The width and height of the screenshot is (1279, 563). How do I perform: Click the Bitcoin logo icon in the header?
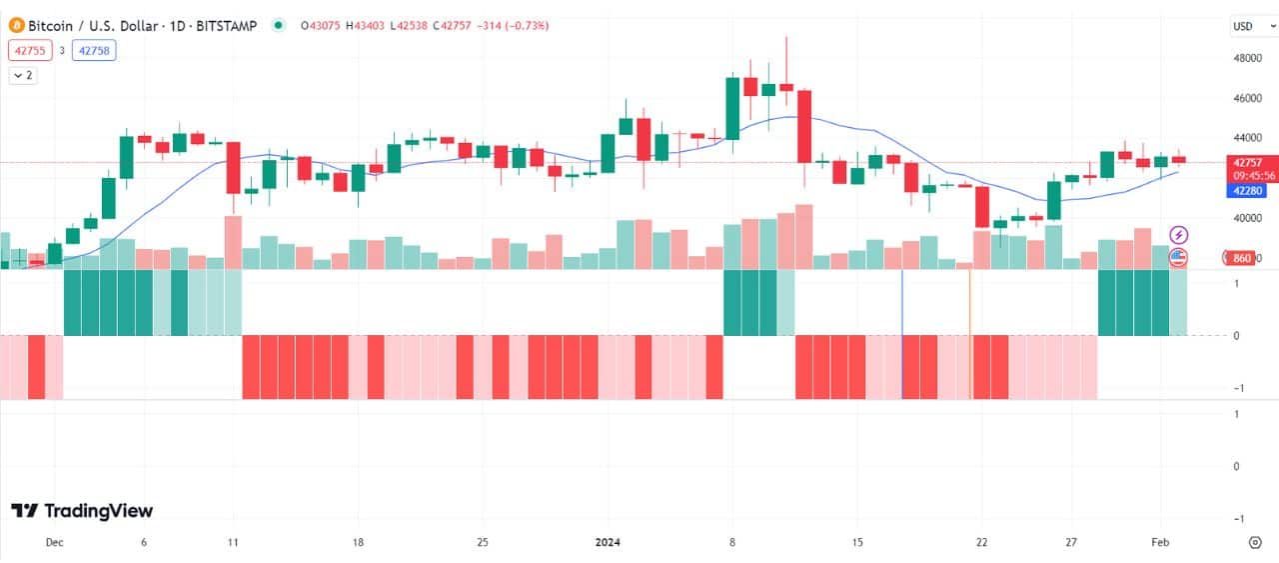point(16,25)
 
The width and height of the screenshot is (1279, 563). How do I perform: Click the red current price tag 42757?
point(1247,162)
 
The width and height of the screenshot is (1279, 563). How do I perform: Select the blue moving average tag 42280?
point(1247,190)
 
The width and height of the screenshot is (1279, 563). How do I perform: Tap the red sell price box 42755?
point(30,50)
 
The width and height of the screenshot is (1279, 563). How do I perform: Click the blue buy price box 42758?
point(94,50)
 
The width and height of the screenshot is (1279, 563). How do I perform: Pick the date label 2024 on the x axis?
point(608,542)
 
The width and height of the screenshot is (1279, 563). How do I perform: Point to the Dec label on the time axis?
point(54,542)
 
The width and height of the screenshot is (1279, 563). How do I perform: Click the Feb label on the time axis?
point(1159,542)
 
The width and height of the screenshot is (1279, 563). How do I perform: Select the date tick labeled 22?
point(981,542)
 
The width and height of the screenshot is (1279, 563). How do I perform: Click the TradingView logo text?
point(82,511)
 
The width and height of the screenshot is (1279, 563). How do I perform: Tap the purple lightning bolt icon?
point(1179,235)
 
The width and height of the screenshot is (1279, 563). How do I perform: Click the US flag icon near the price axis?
point(1179,257)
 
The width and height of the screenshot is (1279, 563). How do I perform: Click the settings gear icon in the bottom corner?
point(1255,542)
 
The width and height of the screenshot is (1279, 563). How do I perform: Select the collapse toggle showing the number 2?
point(23,75)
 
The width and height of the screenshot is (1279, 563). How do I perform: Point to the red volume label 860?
point(1242,258)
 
